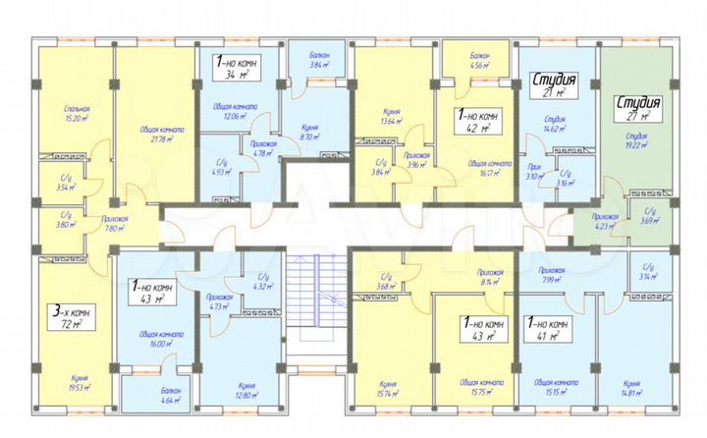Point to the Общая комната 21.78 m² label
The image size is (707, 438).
click(x=150, y=134)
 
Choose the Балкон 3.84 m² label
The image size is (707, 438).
click(x=314, y=60)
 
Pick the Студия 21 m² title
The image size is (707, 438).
click(x=553, y=85)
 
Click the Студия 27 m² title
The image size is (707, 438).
click(x=638, y=107)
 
